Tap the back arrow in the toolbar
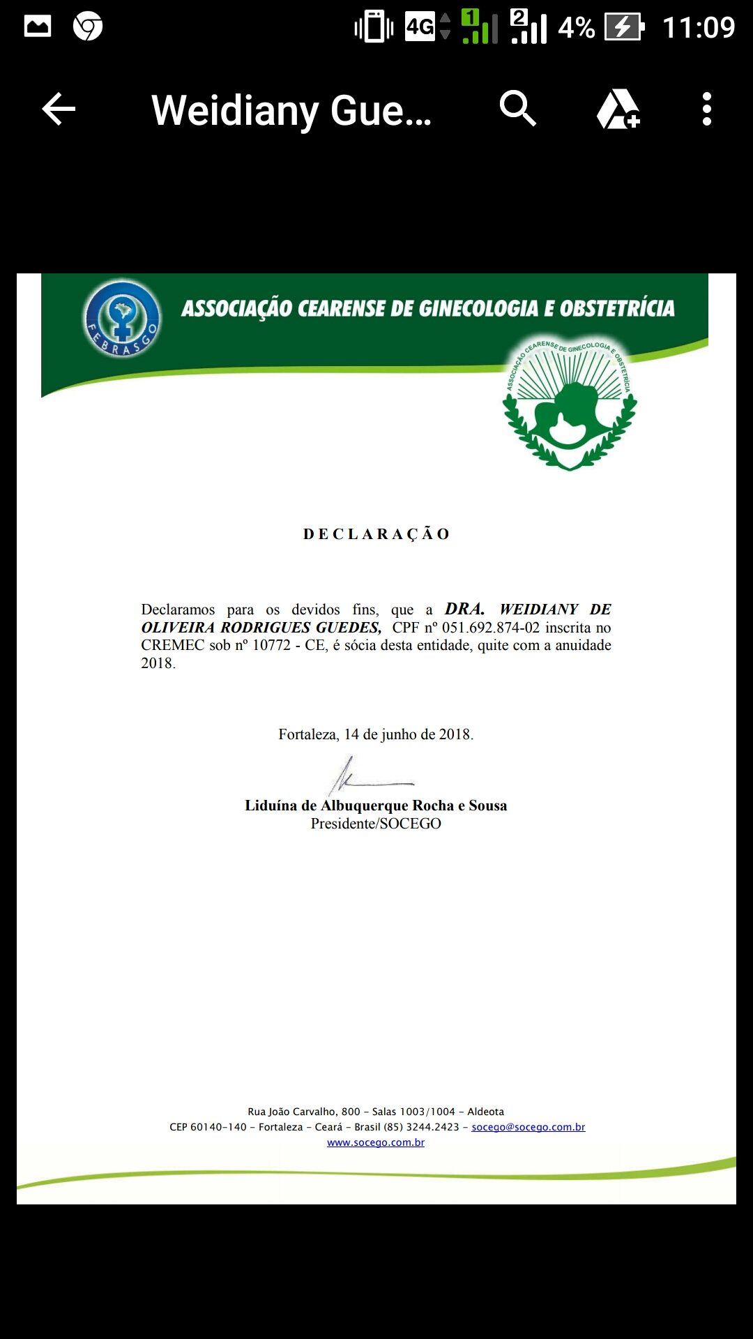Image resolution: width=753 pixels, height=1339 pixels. point(59,109)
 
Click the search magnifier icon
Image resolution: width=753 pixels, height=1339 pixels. point(517,109)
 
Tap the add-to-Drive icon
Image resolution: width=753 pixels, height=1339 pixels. point(618,109)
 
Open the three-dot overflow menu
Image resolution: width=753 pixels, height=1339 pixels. point(706,109)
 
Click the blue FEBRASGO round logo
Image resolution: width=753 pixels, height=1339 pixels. point(122,318)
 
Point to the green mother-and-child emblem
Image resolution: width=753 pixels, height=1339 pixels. point(570,404)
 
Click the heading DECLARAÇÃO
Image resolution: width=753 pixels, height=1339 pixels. point(376,534)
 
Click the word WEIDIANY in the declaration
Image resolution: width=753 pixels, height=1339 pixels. point(539,610)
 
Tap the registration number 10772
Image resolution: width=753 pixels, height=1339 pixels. point(271,645)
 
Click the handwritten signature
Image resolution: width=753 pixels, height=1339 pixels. point(363,776)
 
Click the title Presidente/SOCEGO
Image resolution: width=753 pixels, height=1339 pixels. point(376,824)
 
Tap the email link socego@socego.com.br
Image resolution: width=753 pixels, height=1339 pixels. point(528,1127)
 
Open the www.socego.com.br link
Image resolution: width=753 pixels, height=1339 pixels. point(376,1142)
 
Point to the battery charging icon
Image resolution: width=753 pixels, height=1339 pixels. point(623,27)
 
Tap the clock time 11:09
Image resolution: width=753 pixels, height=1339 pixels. point(698,28)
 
